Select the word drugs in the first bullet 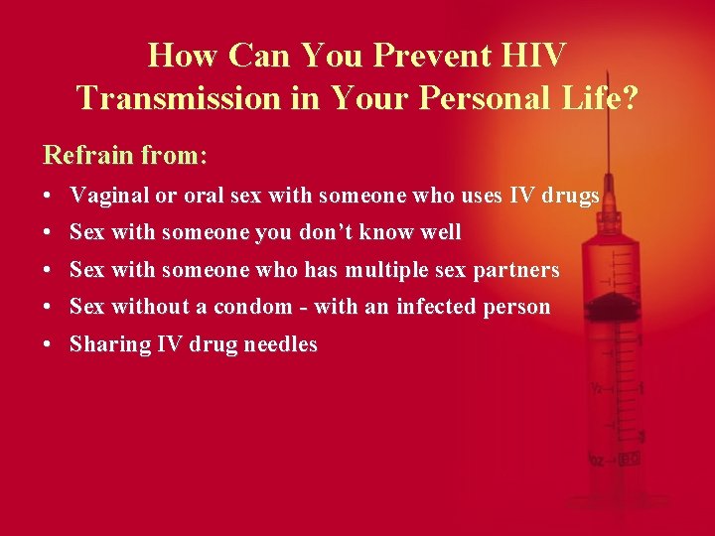(x=569, y=196)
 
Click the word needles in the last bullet (x=282, y=344)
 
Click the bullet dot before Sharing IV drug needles (x=49, y=344)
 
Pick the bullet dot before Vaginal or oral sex (x=49, y=196)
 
